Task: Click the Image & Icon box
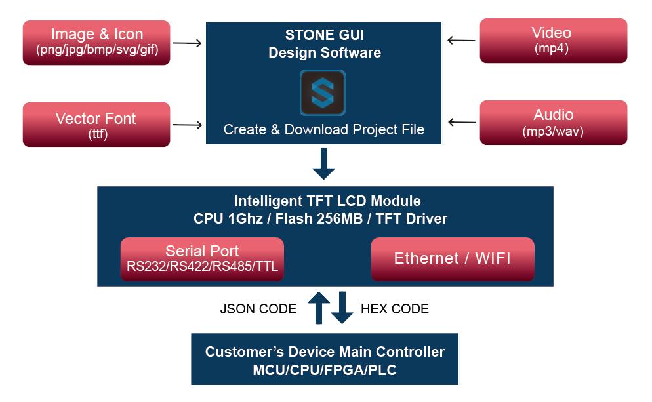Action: [96, 43]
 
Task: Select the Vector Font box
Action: [96, 125]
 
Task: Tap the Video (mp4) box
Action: [554, 41]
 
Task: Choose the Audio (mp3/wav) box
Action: [554, 123]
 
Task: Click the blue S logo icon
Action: [323, 92]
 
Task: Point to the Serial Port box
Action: [202, 259]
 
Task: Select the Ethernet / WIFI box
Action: [453, 259]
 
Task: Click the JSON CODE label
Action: [258, 309]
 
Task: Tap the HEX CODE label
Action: [395, 309]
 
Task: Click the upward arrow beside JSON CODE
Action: [319, 308]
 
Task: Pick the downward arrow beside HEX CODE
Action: [342, 308]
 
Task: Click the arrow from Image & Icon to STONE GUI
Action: [187, 43]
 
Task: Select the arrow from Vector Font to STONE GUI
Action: [188, 125]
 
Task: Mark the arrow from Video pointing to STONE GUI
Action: [461, 40]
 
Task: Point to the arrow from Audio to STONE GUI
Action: [462, 122]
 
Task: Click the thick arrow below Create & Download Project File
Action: [324, 163]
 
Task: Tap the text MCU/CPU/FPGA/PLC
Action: [325, 370]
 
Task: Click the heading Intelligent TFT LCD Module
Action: [328, 201]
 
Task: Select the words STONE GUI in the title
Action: [325, 35]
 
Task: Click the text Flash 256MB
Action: [319, 218]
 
